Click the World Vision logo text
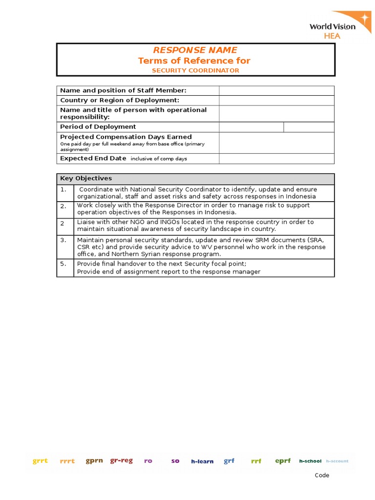(332, 26)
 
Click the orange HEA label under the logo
(333, 36)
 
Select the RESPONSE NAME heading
(195, 50)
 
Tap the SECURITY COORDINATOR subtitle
(195, 70)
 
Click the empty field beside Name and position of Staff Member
(276, 90)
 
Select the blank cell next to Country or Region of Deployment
(276, 100)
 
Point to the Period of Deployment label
(98, 127)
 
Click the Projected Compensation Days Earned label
(125, 137)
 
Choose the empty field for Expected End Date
(276, 159)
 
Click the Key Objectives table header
(86, 178)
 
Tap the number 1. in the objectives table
(63, 189)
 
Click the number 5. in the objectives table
(63, 264)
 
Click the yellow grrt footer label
(40, 461)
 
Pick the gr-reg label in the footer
(121, 460)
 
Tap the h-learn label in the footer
(202, 461)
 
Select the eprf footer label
(283, 460)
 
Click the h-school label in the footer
(310, 461)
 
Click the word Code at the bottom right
(322, 475)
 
